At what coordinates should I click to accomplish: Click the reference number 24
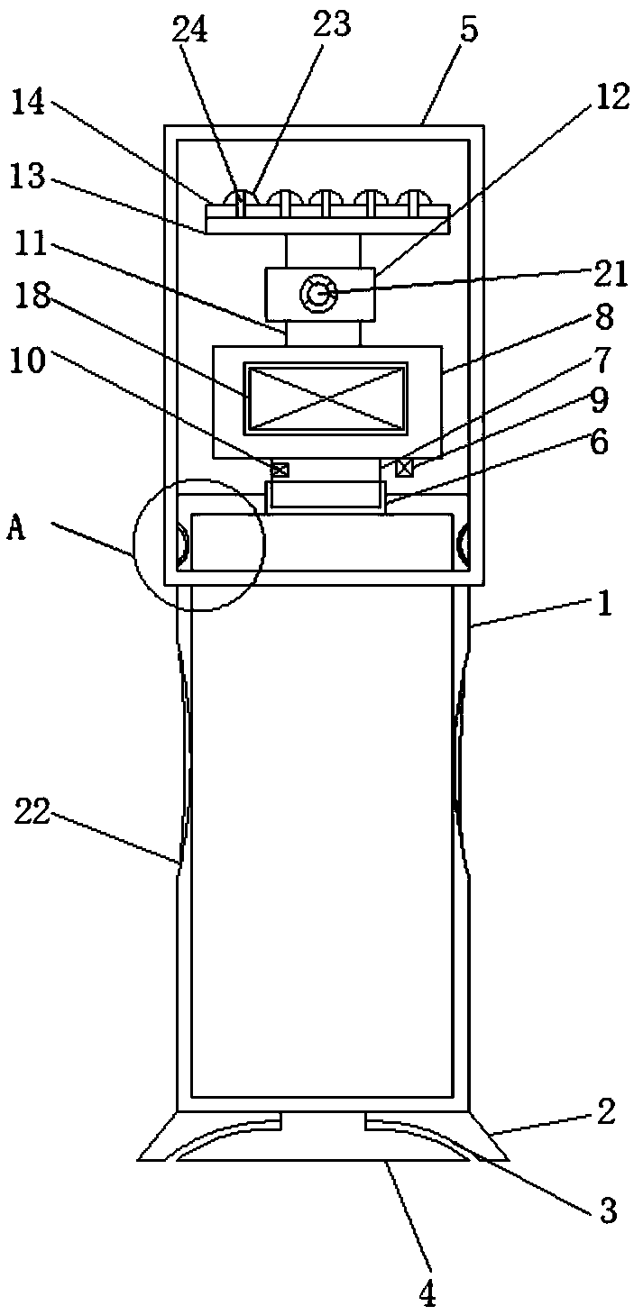coord(190,30)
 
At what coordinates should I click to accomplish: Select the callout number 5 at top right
coord(469,30)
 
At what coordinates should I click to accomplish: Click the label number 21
coord(610,274)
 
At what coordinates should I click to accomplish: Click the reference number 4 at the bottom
coord(427,1294)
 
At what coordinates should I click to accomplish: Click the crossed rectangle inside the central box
coord(326,397)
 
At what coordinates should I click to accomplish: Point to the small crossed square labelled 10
coord(280,469)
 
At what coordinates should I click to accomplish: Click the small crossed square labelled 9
coord(403,467)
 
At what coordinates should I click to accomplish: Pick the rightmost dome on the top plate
coord(413,198)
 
